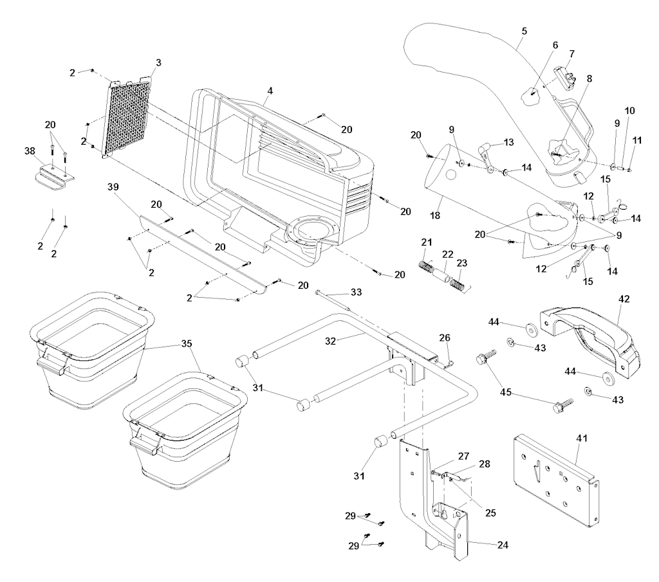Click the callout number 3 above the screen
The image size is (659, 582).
158,62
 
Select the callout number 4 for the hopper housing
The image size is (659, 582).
270,91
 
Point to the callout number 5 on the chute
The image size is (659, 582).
524,31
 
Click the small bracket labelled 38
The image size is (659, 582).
55,178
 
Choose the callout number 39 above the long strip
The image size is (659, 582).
113,187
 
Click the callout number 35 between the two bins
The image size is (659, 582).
186,343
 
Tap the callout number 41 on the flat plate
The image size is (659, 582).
582,438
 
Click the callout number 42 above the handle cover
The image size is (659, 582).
624,299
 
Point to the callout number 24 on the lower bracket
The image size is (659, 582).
503,545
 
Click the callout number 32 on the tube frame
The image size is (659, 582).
331,341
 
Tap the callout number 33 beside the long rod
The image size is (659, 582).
356,292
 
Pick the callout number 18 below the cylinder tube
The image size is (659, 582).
435,215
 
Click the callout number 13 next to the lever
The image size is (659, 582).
508,142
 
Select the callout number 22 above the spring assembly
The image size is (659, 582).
448,255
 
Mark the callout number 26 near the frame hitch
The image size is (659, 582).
445,338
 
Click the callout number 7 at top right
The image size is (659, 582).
571,54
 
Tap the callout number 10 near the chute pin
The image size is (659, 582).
629,111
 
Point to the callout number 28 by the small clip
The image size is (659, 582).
485,464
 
